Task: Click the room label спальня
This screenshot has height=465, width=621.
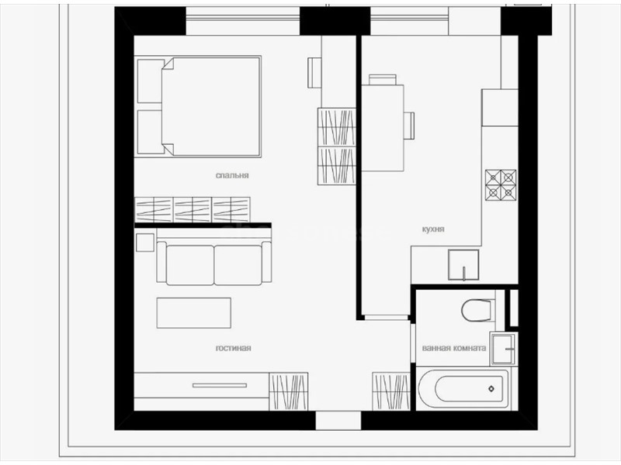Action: coord(232,175)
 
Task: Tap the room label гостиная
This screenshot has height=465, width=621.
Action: coord(234,348)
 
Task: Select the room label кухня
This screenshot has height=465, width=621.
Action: coord(433,229)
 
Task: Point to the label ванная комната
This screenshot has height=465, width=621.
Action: coord(454,348)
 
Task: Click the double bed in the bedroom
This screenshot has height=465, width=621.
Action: coord(199,106)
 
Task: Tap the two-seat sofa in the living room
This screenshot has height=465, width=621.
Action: coord(214,263)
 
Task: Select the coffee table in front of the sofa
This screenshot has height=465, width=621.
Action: coord(193,313)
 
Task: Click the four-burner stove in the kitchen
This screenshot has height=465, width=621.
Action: coord(501,184)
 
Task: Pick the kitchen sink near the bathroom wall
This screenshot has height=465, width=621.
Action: coord(463,265)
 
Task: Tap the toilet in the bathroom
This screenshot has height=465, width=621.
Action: coord(478,309)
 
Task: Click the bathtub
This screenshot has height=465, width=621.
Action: coord(463,389)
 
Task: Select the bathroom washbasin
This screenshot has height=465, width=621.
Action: coord(503,349)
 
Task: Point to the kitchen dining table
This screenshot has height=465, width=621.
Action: coord(383,128)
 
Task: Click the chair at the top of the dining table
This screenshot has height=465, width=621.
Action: coord(383,80)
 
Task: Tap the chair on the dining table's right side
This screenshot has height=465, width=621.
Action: coord(409,126)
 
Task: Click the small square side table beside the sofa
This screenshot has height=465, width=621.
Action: coord(145,243)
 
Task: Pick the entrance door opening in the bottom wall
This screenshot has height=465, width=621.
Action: coord(338,421)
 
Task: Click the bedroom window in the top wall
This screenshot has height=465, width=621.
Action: coord(242,22)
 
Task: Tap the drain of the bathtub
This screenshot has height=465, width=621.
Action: coord(491,389)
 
